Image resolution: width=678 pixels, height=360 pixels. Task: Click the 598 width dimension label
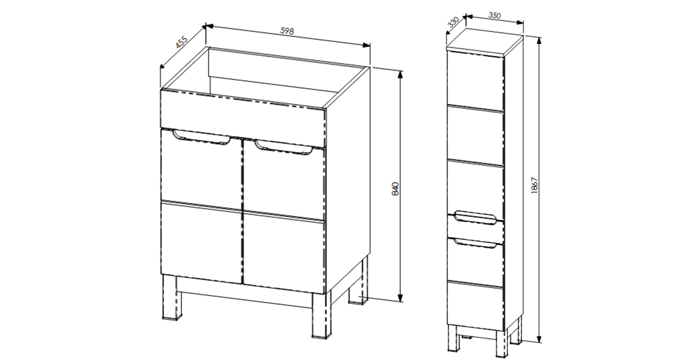click(x=287, y=31)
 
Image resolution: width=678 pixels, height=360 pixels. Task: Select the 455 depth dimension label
click(x=182, y=42)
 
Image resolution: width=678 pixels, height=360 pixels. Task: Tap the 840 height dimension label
click(x=395, y=189)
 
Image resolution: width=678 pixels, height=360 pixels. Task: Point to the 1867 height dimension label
click(x=535, y=186)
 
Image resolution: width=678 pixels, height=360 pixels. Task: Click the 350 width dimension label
click(x=494, y=16)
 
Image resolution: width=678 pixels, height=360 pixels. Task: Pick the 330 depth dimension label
click(x=454, y=23)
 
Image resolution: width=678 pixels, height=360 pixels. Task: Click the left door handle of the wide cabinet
click(x=201, y=138)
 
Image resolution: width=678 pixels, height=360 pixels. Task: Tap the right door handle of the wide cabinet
click(x=283, y=147)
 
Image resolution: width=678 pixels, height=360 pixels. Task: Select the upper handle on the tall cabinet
click(x=475, y=217)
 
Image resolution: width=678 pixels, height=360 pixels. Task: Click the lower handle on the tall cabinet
click(x=475, y=244)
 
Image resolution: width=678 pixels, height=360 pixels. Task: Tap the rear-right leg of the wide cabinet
click(x=359, y=281)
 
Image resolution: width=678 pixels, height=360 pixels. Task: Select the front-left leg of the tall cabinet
click(x=453, y=338)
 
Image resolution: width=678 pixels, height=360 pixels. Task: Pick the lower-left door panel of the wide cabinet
click(x=202, y=242)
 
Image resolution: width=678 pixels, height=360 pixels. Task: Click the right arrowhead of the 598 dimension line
click(x=366, y=45)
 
